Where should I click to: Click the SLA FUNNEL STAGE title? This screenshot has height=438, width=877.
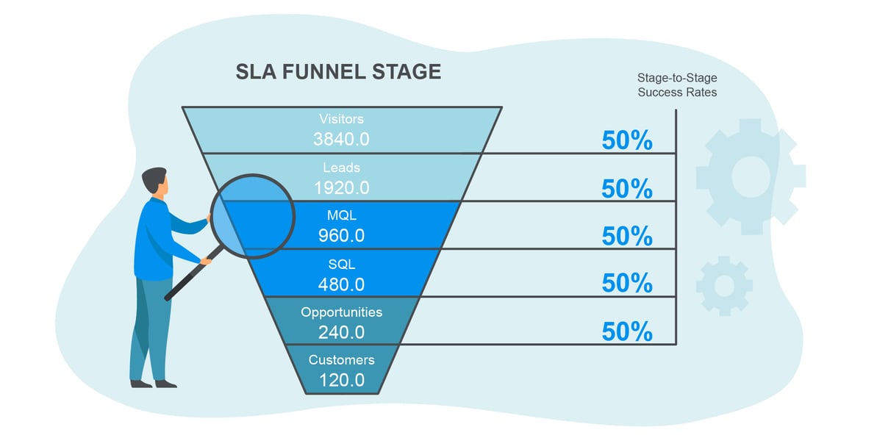[338, 72]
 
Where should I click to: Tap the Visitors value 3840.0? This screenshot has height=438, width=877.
[341, 140]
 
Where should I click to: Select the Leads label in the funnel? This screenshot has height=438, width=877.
[341, 168]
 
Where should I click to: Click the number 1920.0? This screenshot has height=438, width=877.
[341, 187]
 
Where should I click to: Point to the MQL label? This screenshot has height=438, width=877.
[341, 215]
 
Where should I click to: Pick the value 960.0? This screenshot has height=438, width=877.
[341, 236]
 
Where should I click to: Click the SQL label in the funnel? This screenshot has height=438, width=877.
[341, 263]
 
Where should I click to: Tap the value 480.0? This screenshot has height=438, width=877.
[341, 284]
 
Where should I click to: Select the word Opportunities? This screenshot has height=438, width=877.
[341, 312]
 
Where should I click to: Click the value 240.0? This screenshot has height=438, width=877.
[341, 332]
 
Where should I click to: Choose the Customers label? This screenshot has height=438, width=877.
[341, 359]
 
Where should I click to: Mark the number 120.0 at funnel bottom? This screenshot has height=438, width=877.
[341, 380]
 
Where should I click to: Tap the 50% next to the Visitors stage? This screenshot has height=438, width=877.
[626, 140]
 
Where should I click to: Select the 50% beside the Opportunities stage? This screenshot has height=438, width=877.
[626, 331]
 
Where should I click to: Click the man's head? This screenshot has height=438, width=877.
[155, 182]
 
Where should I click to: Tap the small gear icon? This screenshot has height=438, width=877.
[723, 285]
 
